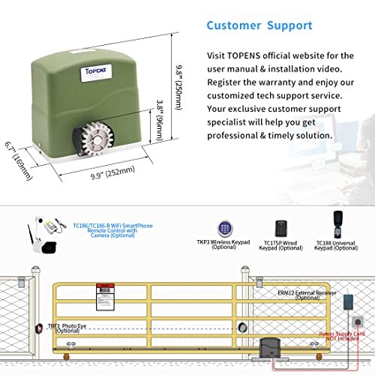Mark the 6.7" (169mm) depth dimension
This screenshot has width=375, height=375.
pyautogui.click(x=19, y=160)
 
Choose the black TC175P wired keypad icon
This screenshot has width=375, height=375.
pyautogui.click(x=280, y=231)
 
